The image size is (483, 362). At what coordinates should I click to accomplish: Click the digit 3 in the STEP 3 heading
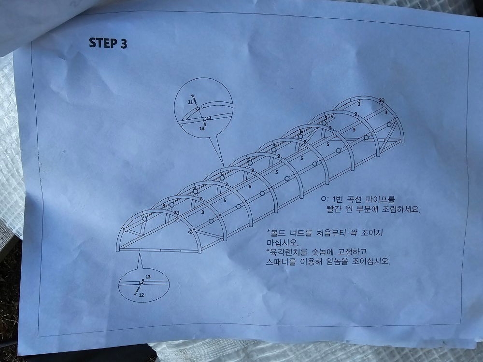pyautogui.click(x=124, y=43)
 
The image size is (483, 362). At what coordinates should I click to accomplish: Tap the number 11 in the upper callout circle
pyautogui.click(x=190, y=102)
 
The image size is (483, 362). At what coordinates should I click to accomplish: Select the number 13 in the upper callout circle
pyautogui.click(x=202, y=128)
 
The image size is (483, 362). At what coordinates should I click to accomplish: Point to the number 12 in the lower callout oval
pyautogui.click(x=142, y=295)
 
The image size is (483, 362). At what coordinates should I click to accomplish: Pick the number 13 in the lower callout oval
pyautogui.click(x=148, y=277)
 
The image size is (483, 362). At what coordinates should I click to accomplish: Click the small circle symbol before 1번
pyautogui.click(x=323, y=199)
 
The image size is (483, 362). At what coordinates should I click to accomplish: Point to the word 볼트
pyautogui.click(x=275, y=232)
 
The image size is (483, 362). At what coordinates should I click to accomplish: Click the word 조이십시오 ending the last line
pyautogui.click(x=371, y=262)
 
